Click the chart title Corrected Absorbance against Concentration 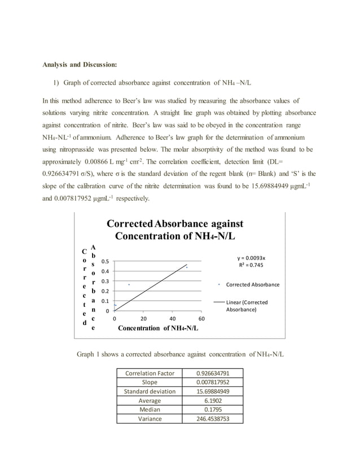pos(175,230)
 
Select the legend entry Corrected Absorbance pos(252,285)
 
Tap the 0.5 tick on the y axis pos(106,262)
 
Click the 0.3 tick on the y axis pos(106,281)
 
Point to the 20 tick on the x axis pos(143,318)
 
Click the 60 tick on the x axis pos(202,318)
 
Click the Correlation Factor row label pos(150,373)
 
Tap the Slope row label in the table pos(150,382)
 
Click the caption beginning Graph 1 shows pos(180,354)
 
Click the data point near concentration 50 pos(187,267)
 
